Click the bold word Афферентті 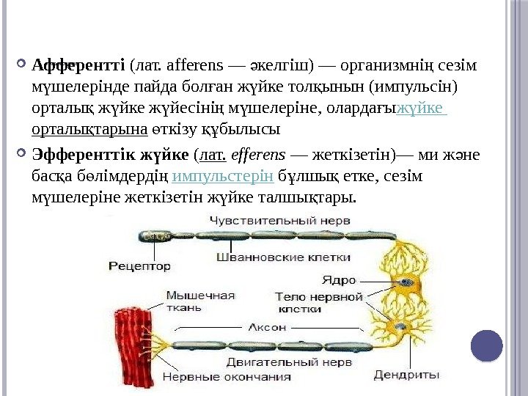coord(78,65)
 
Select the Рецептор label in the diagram coord(139,265)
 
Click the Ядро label coord(339,279)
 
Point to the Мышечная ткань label coord(199,301)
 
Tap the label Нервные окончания coord(226,378)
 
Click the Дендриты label coord(406,375)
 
